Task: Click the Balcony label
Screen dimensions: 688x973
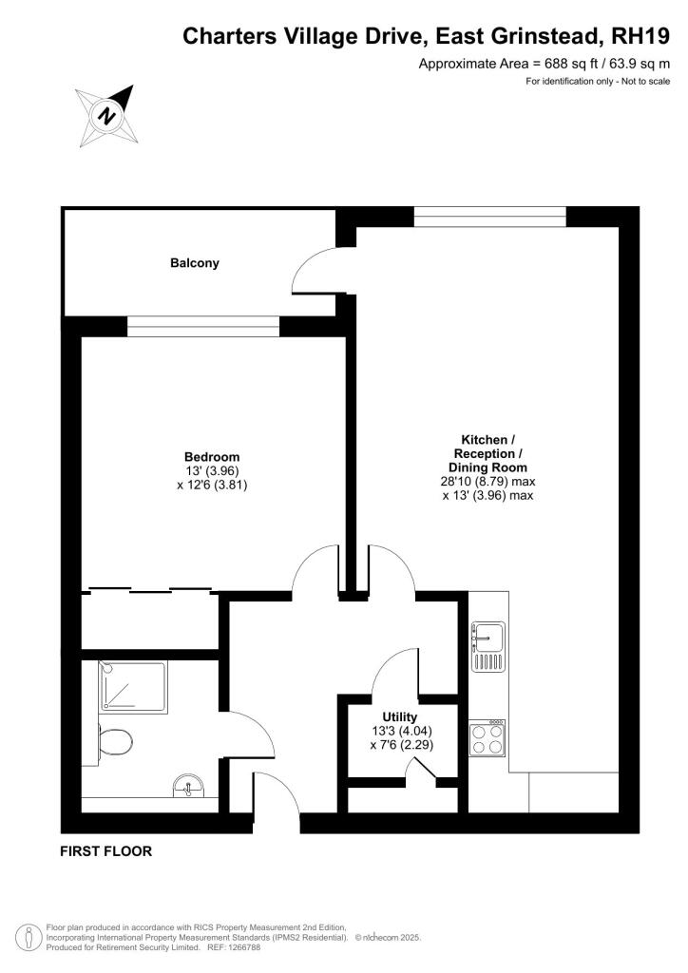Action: (195, 263)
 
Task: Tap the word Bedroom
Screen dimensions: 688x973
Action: (212, 457)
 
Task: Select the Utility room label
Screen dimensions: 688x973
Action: (400, 716)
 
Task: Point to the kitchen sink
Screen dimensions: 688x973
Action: (488, 646)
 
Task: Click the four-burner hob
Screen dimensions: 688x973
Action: (487, 737)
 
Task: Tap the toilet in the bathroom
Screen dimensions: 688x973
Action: (114, 741)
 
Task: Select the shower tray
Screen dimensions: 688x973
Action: (133, 687)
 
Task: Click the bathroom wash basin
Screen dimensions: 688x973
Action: (188, 786)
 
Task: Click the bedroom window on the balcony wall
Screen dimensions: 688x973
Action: (202, 327)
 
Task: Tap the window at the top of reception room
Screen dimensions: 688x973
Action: (490, 217)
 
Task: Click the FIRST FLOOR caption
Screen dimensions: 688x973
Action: (106, 851)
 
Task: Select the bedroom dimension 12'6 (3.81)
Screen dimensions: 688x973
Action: (212, 486)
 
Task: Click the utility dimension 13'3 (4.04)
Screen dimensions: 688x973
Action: (401, 731)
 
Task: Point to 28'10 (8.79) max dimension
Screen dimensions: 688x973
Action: (487, 482)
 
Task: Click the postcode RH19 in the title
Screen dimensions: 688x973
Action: (640, 37)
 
